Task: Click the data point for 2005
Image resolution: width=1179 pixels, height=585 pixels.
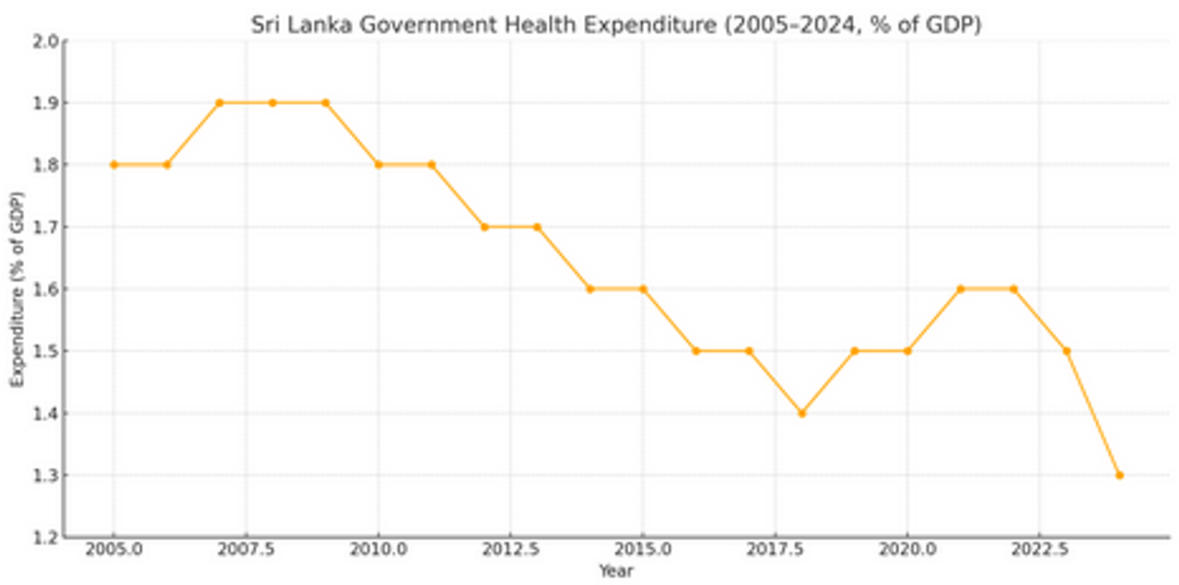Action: [x=113, y=165]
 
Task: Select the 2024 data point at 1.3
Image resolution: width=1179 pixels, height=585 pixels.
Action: [x=1119, y=475]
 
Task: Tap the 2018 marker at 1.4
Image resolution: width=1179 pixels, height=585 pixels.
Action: [x=801, y=414]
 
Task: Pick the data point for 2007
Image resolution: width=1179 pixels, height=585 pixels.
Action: [x=219, y=102]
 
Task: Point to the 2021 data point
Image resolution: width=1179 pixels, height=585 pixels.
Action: [x=960, y=289]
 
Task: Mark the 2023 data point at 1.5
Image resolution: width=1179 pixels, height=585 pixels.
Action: [x=1066, y=351]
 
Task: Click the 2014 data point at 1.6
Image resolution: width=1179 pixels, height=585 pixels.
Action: [x=589, y=289]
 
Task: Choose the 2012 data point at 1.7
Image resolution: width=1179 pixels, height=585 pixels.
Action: [x=484, y=227]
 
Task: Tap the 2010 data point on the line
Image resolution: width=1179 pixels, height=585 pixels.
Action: [x=378, y=165]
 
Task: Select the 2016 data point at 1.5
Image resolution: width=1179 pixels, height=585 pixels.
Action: [x=695, y=351]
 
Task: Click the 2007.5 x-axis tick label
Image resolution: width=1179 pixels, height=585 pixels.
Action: [x=246, y=551]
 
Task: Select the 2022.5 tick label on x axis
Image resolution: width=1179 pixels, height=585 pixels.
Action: [x=1039, y=551]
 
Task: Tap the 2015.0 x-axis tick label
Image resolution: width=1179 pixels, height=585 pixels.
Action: [x=643, y=551]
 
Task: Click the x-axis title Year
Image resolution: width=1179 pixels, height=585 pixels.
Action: [x=615, y=571]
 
